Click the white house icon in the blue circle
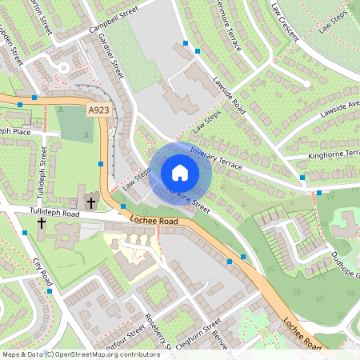(x=180, y=173)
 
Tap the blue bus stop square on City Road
(x=49, y=292)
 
